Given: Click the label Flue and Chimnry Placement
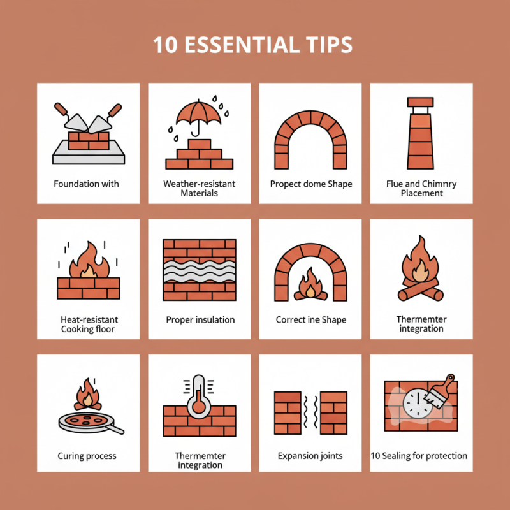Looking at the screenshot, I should click(x=421, y=189).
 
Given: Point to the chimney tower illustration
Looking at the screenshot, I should click(x=421, y=134).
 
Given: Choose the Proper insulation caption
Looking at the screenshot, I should click(x=200, y=319).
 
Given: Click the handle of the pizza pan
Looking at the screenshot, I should click(x=117, y=430).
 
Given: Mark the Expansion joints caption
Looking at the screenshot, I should click(x=310, y=456).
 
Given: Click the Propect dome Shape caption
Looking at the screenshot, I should click(x=310, y=184).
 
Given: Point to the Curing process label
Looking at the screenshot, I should click(x=87, y=456).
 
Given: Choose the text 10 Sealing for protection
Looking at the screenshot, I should click(x=419, y=456).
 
